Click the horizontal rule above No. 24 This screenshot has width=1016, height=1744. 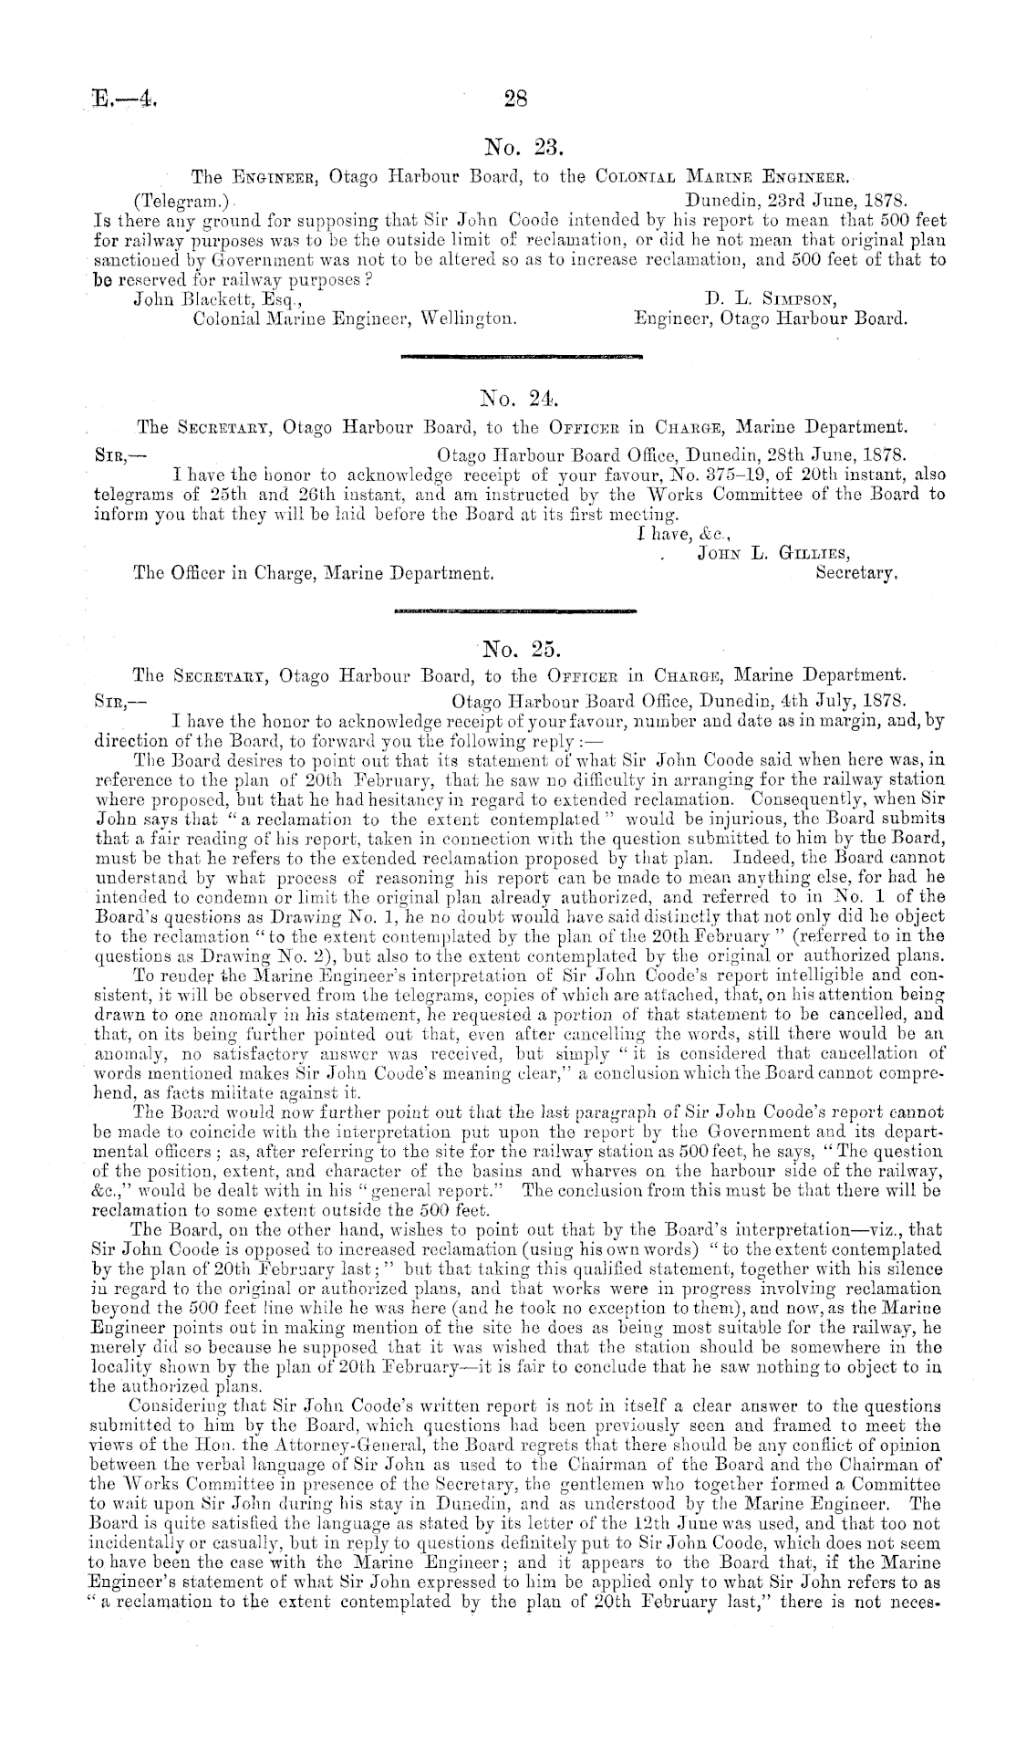tap(522, 358)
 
